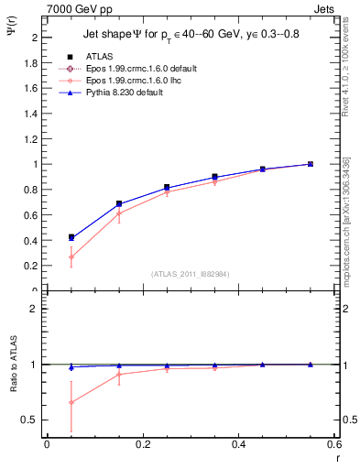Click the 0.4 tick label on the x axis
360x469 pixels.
pos(238,445)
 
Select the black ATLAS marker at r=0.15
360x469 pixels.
pos(119,203)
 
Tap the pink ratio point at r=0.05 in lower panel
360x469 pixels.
pos(71,402)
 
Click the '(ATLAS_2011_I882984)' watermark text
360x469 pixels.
pos(191,274)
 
